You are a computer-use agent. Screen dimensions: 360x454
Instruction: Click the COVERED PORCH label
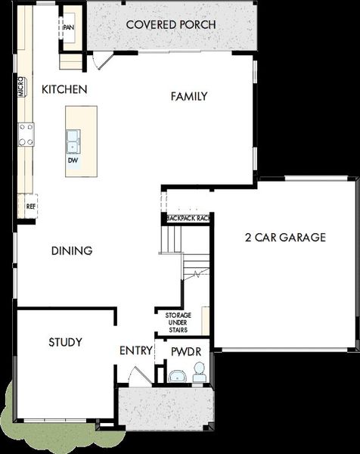pyautogui.click(x=171, y=25)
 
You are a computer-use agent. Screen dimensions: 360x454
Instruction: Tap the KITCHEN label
pyautogui.click(x=64, y=89)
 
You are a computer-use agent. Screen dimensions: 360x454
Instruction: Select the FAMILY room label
pyautogui.click(x=189, y=96)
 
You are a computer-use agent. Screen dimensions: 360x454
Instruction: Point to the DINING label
pyautogui.click(x=72, y=250)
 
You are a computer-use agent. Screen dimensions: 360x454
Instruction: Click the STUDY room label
pyautogui.click(x=65, y=342)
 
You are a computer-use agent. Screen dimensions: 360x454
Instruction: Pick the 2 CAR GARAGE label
pyautogui.click(x=285, y=238)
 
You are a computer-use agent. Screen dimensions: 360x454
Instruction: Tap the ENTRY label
pyautogui.click(x=136, y=350)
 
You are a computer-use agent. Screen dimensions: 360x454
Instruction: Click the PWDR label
pyautogui.click(x=186, y=352)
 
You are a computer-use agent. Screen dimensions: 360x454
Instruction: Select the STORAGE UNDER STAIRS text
pyautogui.click(x=178, y=322)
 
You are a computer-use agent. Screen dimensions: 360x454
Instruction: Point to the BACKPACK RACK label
pyautogui.click(x=188, y=219)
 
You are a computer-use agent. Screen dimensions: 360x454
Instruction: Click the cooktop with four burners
pyautogui.click(x=26, y=135)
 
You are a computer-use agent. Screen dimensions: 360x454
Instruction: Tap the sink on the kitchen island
pyautogui.click(x=73, y=141)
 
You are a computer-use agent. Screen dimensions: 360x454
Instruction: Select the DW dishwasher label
pyautogui.click(x=73, y=160)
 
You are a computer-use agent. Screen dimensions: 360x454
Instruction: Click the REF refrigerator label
pyautogui.click(x=31, y=207)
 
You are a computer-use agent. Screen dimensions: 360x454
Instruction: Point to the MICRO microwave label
pyautogui.click(x=21, y=87)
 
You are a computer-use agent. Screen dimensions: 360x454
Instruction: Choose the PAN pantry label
pyautogui.click(x=69, y=27)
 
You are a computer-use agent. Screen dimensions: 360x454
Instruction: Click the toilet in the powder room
pyautogui.click(x=199, y=372)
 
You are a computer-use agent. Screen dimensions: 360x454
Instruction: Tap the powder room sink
pyautogui.click(x=178, y=376)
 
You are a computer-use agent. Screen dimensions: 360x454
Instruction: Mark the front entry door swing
pyautogui.click(x=140, y=376)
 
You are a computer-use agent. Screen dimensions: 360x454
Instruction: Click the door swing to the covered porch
pyautogui.click(x=103, y=61)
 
